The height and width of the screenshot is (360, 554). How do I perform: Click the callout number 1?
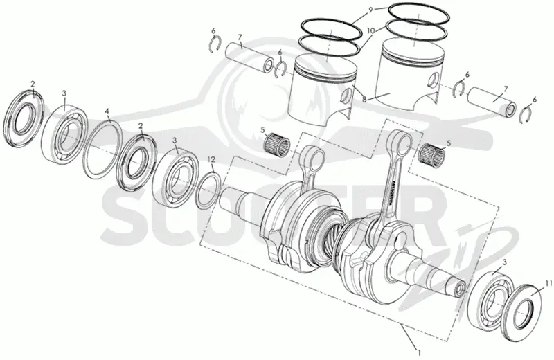point(419,352)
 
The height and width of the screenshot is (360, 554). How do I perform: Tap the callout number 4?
point(107,111)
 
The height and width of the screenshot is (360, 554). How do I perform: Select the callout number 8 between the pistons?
point(364,100)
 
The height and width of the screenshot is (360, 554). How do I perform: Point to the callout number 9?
point(370,10)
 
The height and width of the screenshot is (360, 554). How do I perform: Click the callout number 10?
point(370,30)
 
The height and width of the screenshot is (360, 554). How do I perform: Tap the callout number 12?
point(211,159)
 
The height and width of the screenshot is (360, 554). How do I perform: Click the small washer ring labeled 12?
point(209,190)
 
